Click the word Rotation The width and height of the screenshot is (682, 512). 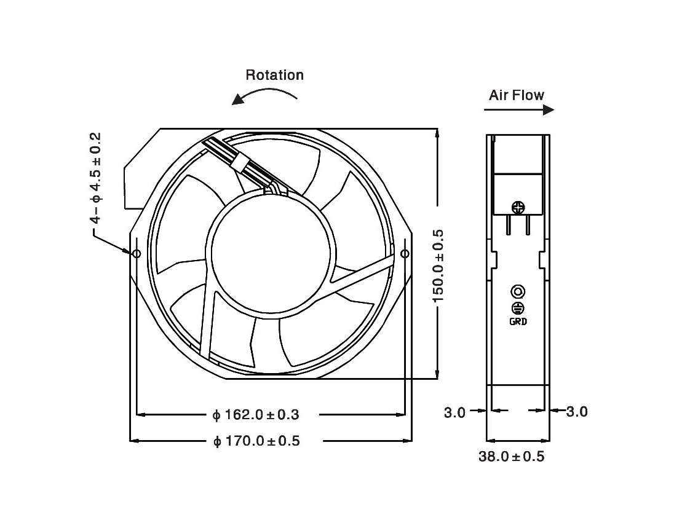click(274, 75)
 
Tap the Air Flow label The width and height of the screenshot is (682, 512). click(517, 95)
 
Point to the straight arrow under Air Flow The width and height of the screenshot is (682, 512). click(519, 110)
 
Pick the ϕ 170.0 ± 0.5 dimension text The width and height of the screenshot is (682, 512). click(256, 441)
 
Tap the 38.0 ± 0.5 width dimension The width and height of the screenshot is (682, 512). click(512, 457)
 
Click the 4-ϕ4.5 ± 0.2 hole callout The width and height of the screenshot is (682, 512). click(96, 178)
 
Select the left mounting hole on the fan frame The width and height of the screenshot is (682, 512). click(137, 253)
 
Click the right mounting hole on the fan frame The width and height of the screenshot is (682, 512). click(405, 253)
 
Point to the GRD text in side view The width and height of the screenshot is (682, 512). click(518, 321)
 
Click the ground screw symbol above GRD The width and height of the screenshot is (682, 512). click(518, 308)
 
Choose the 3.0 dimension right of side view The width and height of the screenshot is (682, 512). click(577, 411)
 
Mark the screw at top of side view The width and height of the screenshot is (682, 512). click(518, 208)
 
